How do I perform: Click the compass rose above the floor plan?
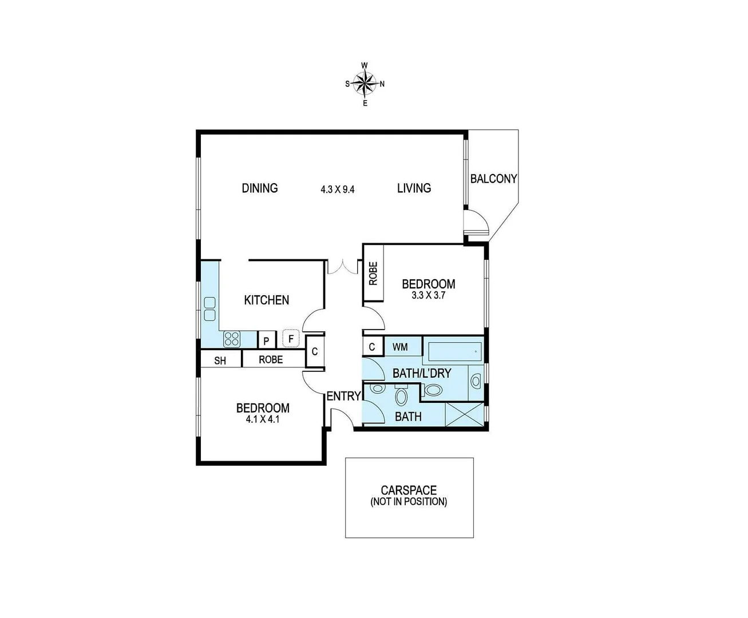(365, 84)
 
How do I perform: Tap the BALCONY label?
(493, 179)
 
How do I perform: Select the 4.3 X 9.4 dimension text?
(338, 189)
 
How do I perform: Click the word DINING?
(260, 188)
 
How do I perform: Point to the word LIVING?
(414, 188)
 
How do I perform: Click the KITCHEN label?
(267, 300)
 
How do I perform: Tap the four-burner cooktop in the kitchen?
(231, 338)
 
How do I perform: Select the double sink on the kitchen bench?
(209, 309)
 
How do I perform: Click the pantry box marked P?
(267, 340)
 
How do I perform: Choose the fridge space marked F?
(291, 339)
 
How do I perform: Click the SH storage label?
(220, 360)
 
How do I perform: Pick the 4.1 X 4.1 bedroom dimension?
(263, 419)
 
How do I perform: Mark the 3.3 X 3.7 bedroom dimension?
(428, 296)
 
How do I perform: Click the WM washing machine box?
(400, 347)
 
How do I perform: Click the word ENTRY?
(343, 396)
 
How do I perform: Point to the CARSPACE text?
(409, 490)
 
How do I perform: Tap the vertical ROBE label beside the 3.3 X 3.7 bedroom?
(373, 273)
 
